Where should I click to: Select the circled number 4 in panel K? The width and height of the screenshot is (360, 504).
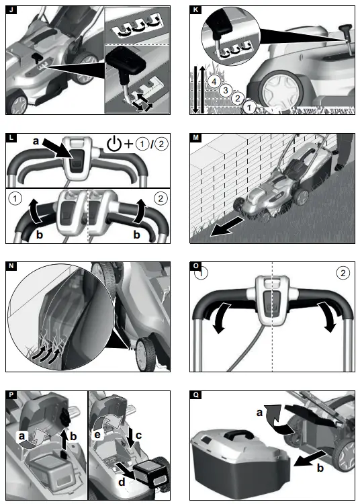pyautogui.click(x=213, y=81)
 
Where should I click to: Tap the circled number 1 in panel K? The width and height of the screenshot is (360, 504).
pyautogui.click(x=249, y=106)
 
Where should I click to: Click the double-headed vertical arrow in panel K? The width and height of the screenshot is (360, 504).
pyautogui.click(x=195, y=89)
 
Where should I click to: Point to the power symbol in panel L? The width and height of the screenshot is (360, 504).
pyautogui.click(x=114, y=144)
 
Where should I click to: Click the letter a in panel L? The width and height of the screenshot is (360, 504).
pyautogui.click(x=36, y=141)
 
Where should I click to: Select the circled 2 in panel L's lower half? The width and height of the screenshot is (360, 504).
pyautogui.click(x=159, y=199)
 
